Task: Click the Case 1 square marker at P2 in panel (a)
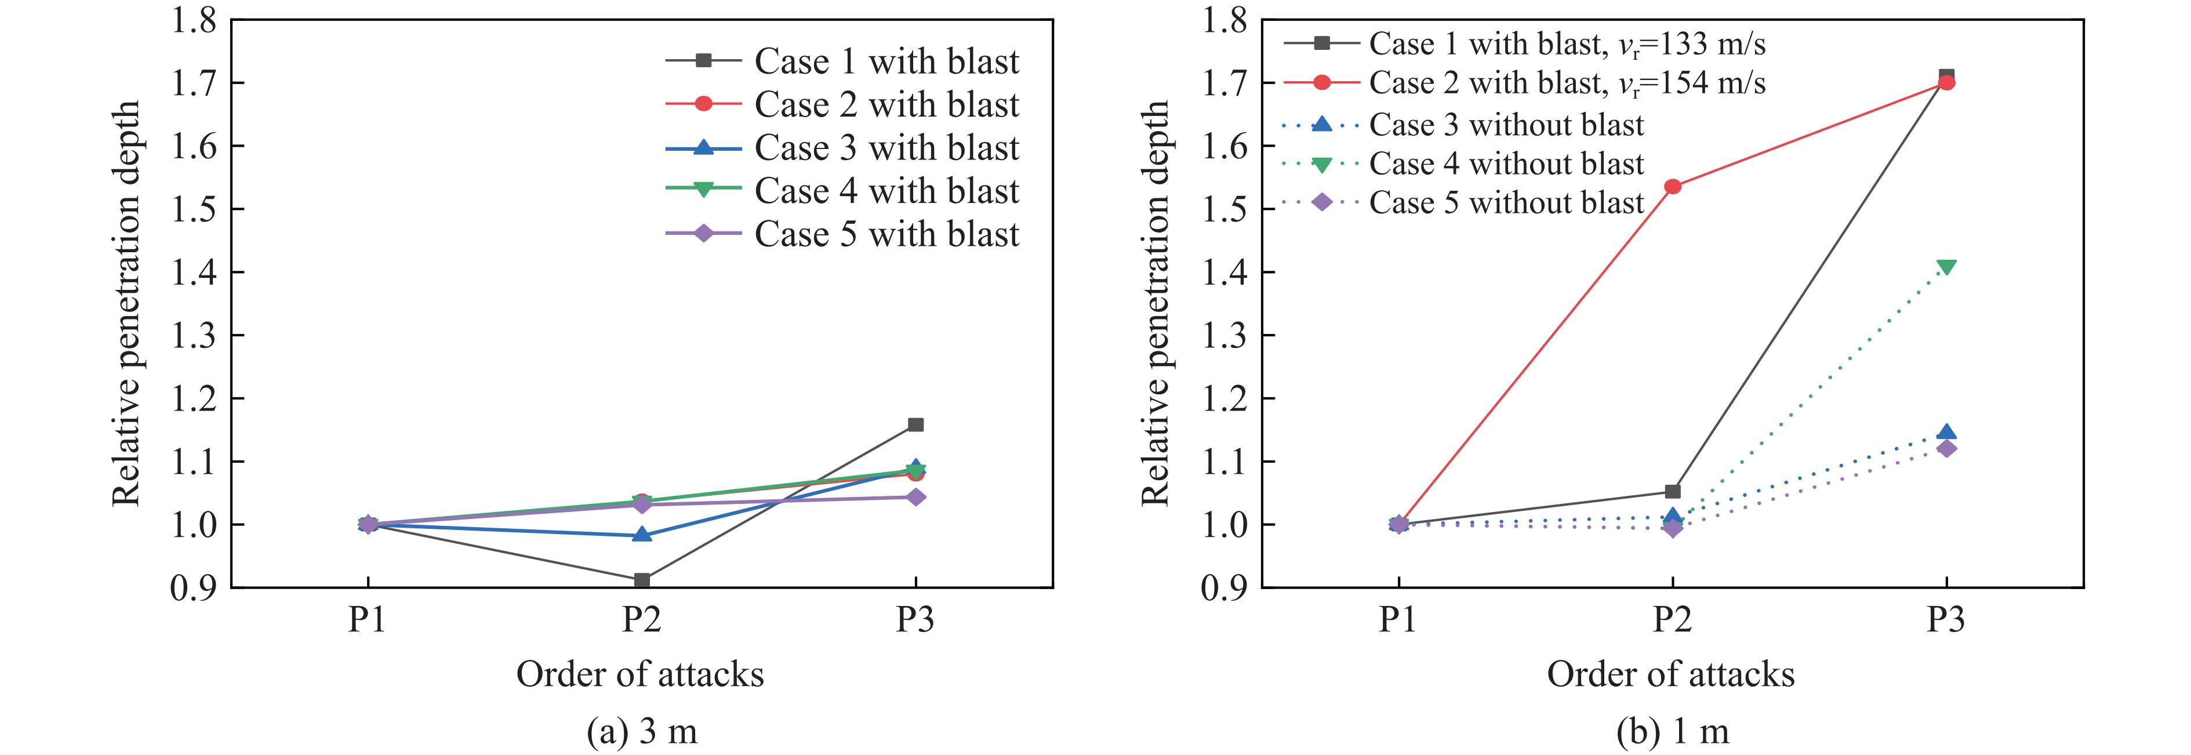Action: (641, 580)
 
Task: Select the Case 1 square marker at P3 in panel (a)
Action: (915, 424)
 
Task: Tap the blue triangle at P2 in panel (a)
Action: (641, 535)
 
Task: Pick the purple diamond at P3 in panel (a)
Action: (915, 496)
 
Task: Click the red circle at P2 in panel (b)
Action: (1672, 186)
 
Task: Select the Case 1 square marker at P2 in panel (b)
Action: (1672, 491)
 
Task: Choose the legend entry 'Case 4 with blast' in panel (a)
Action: (886, 190)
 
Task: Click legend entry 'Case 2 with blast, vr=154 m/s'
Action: (1567, 82)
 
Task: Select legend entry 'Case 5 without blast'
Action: (1506, 202)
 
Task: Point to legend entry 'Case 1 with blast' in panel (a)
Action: (886, 61)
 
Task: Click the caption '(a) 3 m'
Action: (641, 731)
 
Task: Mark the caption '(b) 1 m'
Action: (1672, 731)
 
